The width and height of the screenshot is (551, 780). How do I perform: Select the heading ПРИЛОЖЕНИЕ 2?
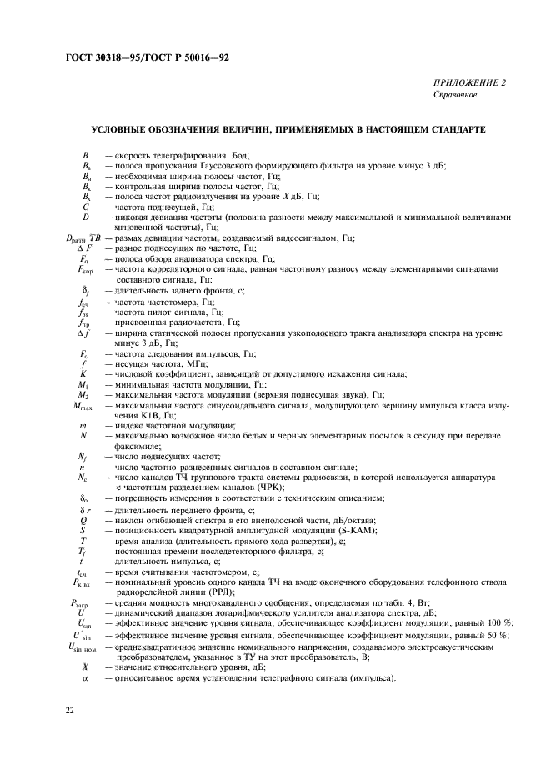(x=468, y=83)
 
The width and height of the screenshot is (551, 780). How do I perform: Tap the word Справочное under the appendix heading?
(x=455, y=95)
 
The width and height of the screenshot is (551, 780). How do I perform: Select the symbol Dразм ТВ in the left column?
(x=83, y=238)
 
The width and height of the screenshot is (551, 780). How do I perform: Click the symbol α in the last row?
(x=85, y=677)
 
